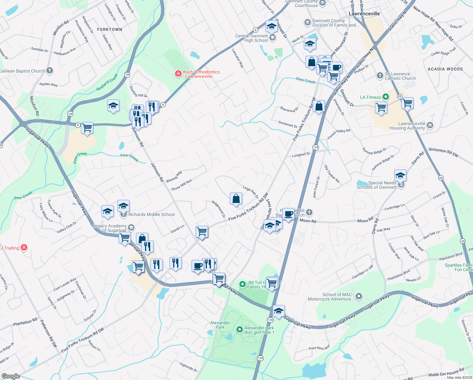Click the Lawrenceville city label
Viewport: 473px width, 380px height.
[x=364, y=14]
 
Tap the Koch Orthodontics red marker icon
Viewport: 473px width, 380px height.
[x=178, y=74]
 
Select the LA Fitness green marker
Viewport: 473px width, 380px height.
[x=385, y=97]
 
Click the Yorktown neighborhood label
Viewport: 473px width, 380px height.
[x=109, y=29]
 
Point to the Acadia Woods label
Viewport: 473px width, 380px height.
[x=445, y=69]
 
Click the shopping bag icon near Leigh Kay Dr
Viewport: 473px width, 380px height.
[x=236, y=199]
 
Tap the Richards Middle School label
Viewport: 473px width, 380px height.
[x=151, y=215]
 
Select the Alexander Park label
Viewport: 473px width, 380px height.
[x=220, y=325]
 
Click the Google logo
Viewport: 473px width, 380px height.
[x=11, y=376]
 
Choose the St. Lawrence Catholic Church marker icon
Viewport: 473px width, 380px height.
[x=380, y=76]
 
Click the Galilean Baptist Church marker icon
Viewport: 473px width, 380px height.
[x=50, y=71]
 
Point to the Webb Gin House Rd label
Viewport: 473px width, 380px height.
[x=446, y=373]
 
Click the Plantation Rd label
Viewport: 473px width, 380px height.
[x=25, y=322]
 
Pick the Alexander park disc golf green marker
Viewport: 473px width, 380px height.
[x=240, y=330]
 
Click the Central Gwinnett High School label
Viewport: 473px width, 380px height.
[x=252, y=38]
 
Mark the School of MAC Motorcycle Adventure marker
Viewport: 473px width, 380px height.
[x=359, y=297]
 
